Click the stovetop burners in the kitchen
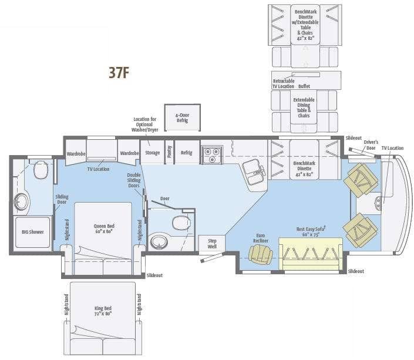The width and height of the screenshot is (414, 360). [211, 154]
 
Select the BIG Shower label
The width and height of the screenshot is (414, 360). [32, 231]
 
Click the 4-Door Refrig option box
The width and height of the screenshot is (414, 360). [182, 117]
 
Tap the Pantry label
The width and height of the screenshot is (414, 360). [169, 152]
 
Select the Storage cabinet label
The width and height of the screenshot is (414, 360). [152, 153]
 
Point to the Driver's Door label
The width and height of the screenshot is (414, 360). [371, 144]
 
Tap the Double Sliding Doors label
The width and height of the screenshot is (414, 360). [134, 181]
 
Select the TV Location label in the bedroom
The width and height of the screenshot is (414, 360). [99, 169]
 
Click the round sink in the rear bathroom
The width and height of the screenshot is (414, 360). [22, 201]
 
